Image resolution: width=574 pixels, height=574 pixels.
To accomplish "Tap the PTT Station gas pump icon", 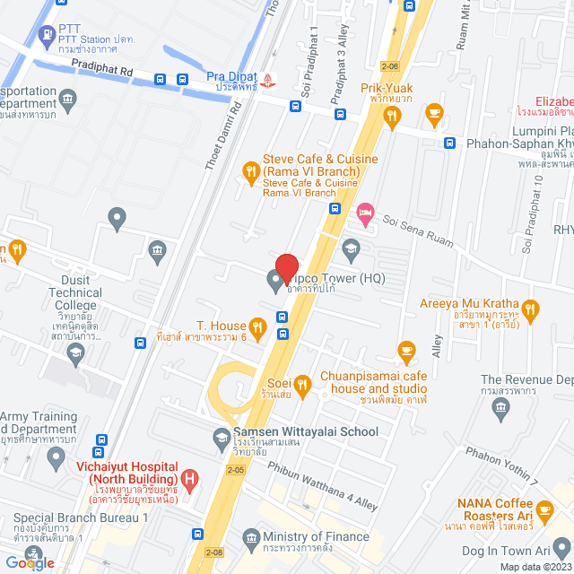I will (47, 38).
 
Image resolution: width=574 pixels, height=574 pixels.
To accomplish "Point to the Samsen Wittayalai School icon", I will (220, 438).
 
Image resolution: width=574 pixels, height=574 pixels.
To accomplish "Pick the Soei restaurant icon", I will (302, 387).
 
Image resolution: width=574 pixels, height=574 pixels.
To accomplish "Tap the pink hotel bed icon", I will (364, 212).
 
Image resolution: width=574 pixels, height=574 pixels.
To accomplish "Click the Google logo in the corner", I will (29, 562).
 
